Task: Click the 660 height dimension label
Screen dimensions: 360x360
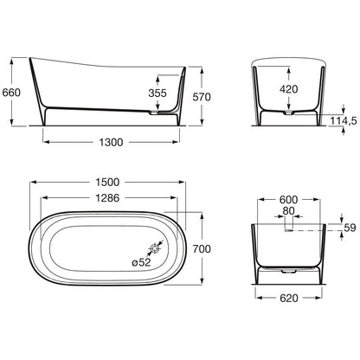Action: [x=11, y=93]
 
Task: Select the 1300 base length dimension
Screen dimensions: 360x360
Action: [x=111, y=142]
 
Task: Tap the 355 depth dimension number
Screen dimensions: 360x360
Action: [x=157, y=93]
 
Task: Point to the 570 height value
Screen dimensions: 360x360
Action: [x=202, y=97]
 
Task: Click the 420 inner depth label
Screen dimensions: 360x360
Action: [x=289, y=89]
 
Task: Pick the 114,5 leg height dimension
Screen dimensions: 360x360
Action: [x=344, y=120]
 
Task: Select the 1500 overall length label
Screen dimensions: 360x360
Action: [x=107, y=182]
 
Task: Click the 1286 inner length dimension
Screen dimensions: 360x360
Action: [x=107, y=198]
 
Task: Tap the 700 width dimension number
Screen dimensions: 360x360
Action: [x=202, y=248]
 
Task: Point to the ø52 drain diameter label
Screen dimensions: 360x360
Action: [x=141, y=262]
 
